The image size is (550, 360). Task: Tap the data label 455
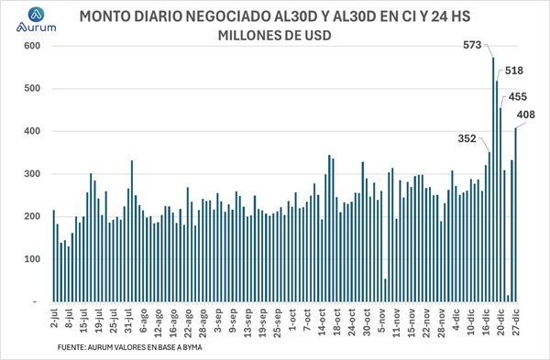[516, 96]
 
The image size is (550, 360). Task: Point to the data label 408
[527, 115]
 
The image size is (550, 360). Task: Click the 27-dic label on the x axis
[515, 322]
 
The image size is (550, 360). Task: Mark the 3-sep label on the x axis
[219, 320]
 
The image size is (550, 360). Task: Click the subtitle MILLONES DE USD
[274, 36]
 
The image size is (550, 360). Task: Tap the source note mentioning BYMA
[129, 348]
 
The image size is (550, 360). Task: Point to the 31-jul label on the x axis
[130, 322]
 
